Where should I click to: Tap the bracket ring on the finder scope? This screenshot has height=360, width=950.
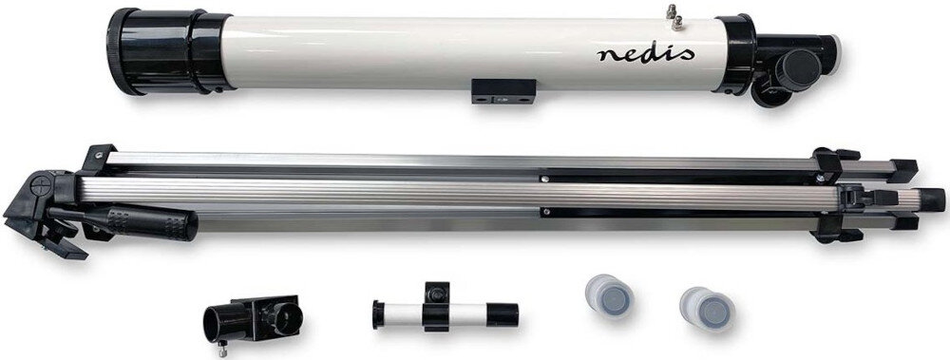coord(436,299)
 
